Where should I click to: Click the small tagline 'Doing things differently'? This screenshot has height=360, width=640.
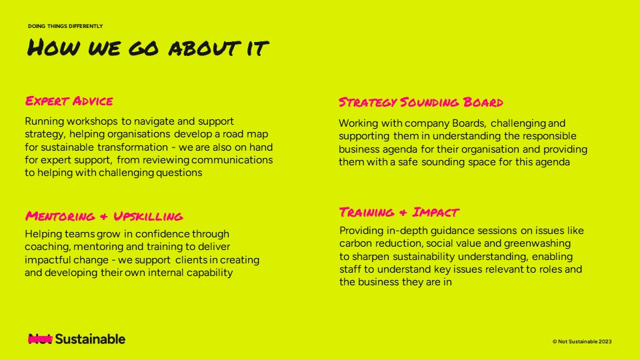65,26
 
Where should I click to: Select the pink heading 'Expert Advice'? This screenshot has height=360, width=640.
69,101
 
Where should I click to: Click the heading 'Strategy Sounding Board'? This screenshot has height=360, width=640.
421,102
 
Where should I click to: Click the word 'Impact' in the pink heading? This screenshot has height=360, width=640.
435,212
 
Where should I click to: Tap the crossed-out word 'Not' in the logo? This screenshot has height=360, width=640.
40,339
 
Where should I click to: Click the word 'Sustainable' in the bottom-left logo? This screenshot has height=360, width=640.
90,339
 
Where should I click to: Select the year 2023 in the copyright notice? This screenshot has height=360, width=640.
605,341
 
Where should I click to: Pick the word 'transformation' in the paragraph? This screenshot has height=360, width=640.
133,147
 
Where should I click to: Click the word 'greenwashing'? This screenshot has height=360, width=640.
537,244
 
